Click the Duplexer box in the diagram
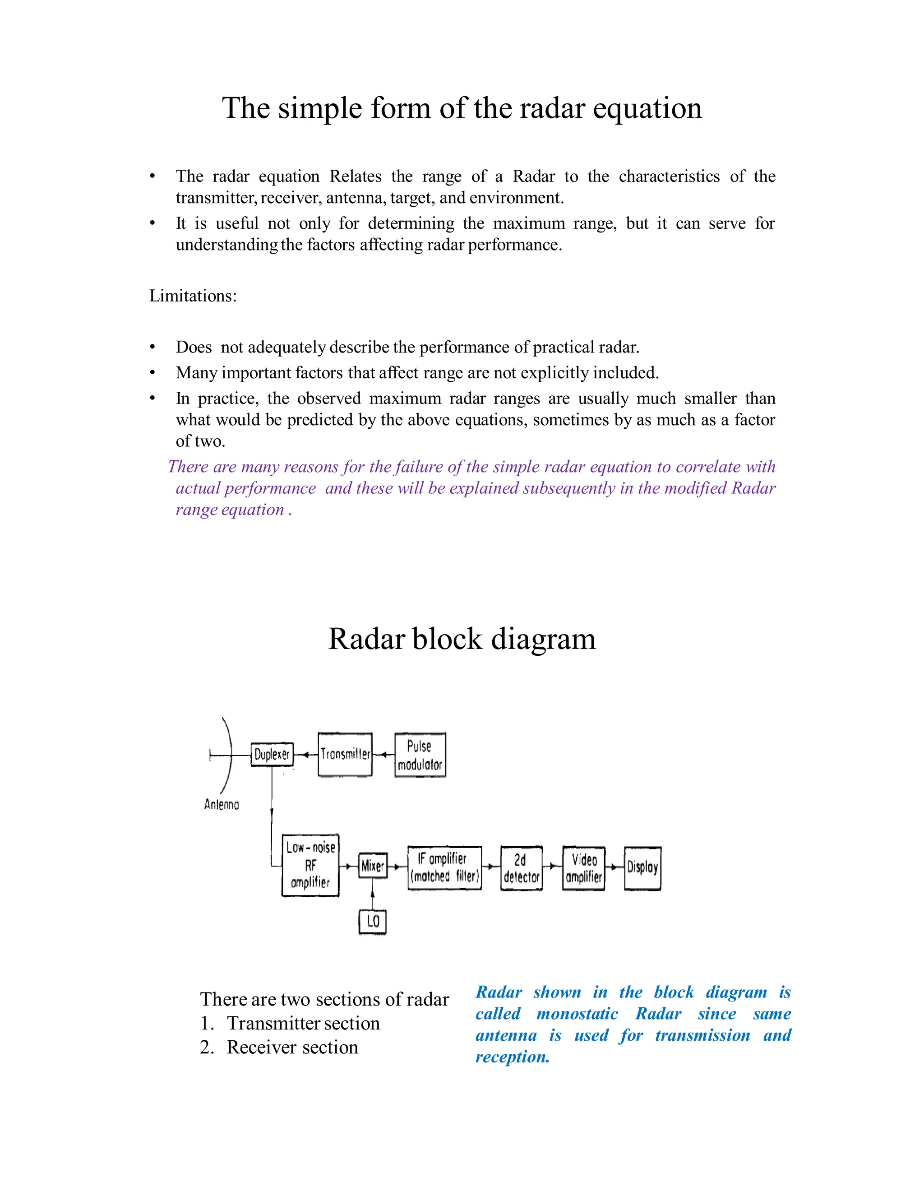click(x=272, y=754)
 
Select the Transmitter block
click(x=345, y=754)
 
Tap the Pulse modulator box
click(x=420, y=755)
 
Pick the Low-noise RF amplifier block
click(x=310, y=865)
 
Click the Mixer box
click(x=373, y=865)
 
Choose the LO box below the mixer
click(x=373, y=921)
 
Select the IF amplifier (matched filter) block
click(x=444, y=867)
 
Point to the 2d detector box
click(x=521, y=868)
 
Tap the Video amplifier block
click(x=583, y=868)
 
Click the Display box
click(x=642, y=868)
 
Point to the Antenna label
click(x=221, y=804)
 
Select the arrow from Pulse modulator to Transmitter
click(x=384, y=755)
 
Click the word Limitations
click(x=193, y=296)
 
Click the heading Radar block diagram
click(x=462, y=639)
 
